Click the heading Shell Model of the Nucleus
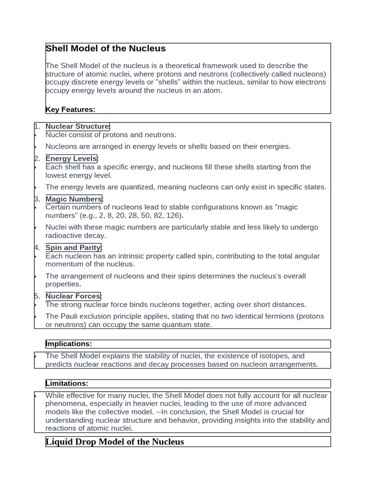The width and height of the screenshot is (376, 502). click(105, 49)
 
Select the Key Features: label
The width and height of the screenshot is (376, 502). click(70, 109)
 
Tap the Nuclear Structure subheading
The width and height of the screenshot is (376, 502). click(77, 126)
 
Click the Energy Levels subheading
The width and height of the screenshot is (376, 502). click(71, 158)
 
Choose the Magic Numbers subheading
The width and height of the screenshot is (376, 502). click(73, 199)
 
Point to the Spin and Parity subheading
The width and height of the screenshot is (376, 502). click(73, 248)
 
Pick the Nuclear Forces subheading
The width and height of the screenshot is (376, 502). click(72, 296)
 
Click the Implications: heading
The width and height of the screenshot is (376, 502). click(69, 344)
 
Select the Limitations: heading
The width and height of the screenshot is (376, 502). click(67, 383)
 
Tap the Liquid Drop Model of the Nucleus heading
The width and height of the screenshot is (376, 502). click(115, 442)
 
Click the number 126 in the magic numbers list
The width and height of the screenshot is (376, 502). click(175, 216)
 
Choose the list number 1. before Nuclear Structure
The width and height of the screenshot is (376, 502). click(37, 126)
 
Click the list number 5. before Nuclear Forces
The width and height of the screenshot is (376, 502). click(37, 296)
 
